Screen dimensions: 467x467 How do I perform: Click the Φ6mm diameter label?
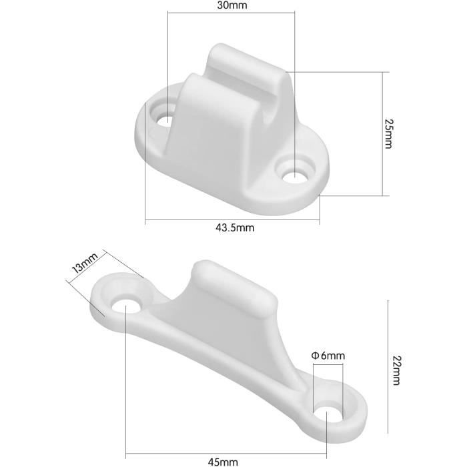(328, 356)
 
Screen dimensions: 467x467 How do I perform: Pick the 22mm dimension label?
(396, 371)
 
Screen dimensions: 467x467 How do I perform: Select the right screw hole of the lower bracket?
(328, 414)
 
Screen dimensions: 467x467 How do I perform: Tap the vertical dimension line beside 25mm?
(382, 133)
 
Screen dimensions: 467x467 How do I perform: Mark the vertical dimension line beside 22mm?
(387, 370)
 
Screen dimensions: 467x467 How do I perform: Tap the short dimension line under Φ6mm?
(328, 364)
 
